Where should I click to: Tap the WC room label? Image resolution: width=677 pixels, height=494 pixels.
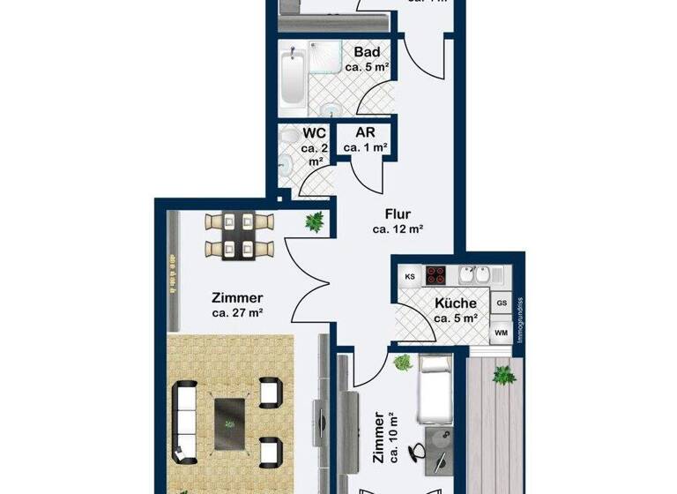314,133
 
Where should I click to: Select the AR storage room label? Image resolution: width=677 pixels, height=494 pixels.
365,133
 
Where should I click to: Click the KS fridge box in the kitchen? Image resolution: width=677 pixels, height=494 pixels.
410,276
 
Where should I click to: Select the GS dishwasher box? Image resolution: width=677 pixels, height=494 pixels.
502,303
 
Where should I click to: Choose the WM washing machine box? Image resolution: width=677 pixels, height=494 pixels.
502,333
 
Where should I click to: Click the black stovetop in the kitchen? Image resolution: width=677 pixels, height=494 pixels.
438,274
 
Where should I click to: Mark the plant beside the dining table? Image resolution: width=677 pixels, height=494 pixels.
313,222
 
